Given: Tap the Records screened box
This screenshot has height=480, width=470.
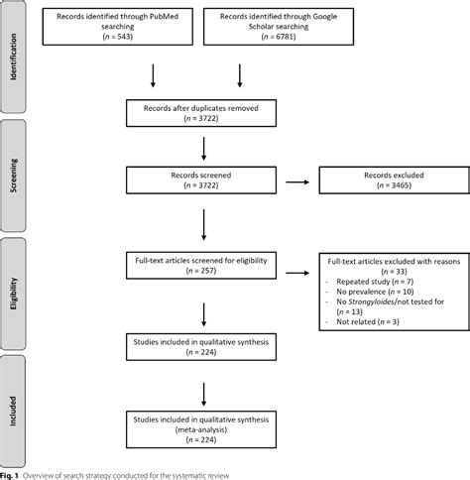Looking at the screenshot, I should (x=204, y=180).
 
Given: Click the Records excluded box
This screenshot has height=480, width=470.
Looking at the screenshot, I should (x=377, y=180).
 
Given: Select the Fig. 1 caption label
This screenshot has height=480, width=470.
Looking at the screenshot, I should (x=10, y=472).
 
